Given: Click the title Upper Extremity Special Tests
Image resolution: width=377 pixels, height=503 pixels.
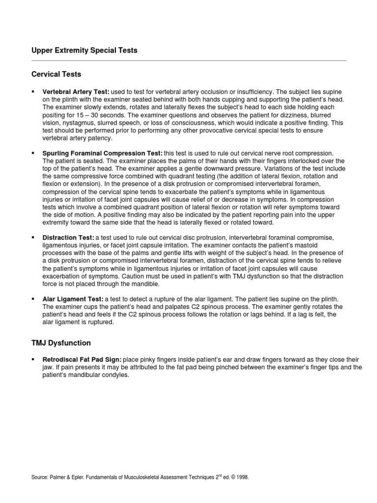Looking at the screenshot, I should coord(84,50).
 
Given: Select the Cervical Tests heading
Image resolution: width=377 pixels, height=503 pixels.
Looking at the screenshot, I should coord(56,74).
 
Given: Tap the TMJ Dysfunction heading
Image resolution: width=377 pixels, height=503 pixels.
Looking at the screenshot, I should coord(61,342).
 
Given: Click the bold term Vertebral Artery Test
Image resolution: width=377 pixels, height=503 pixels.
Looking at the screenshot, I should coord(76,92).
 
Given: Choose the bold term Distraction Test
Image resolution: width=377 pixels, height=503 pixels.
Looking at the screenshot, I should coord(68,238).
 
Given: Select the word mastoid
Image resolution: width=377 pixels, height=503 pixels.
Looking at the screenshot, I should coord(323,245).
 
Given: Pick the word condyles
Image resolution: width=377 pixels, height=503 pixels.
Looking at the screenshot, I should coord(117,375).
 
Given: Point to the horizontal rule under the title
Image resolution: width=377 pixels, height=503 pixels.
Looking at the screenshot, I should coord(188,61).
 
